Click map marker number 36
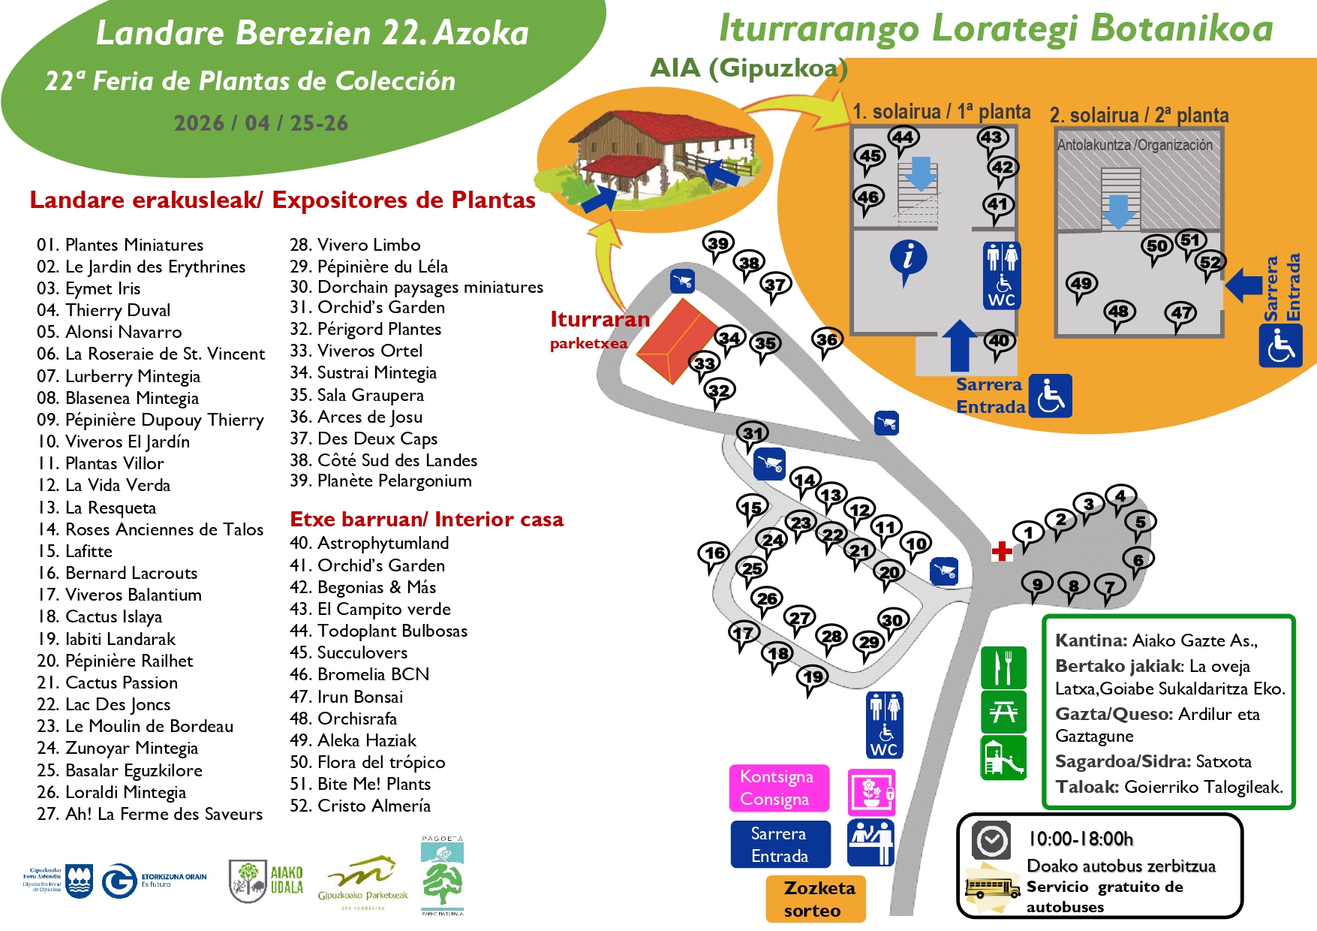point(826,339)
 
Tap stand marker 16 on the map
point(714,553)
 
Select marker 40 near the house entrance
point(999,341)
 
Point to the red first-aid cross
point(1002,552)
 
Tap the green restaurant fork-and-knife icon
point(1003,667)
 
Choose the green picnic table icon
point(1003,712)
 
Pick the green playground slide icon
point(1003,757)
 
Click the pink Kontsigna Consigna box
point(779,788)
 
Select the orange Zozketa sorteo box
point(816,899)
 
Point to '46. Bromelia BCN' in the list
point(359,674)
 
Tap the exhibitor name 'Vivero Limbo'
point(368,245)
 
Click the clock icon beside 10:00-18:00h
point(991,840)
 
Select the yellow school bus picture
point(992,889)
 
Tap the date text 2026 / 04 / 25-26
point(260,123)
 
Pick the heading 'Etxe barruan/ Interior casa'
point(426,520)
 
